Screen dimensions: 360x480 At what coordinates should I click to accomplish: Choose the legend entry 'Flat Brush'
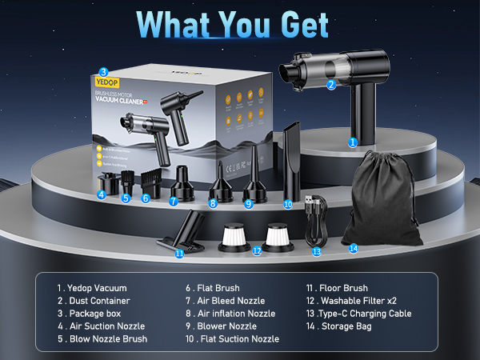click(215, 288)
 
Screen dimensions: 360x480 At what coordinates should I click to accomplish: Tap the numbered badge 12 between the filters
click(257, 250)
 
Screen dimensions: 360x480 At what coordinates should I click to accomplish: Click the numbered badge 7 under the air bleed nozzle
click(174, 201)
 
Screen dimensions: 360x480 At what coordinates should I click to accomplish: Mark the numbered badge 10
click(289, 205)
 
